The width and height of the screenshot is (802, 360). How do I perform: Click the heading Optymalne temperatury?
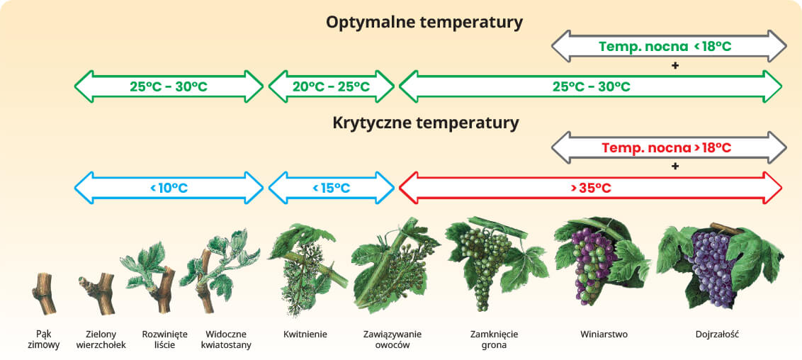tap(424, 23)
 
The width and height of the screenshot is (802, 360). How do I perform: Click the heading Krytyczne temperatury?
tap(426, 123)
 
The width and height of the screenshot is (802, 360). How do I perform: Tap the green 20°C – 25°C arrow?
tap(332, 86)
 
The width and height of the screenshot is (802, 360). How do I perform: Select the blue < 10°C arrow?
tap(169, 188)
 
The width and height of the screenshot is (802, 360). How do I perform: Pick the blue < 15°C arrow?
tap(332, 188)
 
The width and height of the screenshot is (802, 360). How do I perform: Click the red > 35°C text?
tap(591, 189)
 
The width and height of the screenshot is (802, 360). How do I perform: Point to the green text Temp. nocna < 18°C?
tap(665, 47)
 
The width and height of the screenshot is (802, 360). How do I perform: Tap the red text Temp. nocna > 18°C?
tap(667, 148)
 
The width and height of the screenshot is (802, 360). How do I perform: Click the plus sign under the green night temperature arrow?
tap(674, 66)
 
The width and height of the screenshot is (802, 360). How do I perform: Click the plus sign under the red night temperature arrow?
tap(674, 167)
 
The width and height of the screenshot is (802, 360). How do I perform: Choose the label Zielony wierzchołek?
tap(101, 339)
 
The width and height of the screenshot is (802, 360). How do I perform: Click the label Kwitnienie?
tap(305, 335)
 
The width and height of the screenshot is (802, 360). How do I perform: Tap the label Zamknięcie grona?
tap(494, 339)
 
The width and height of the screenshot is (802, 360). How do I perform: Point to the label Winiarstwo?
tap(604, 335)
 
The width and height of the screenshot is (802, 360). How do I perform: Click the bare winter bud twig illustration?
tap(43, 293)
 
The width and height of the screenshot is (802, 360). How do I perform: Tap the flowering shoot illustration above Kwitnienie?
tap(306, 270)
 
